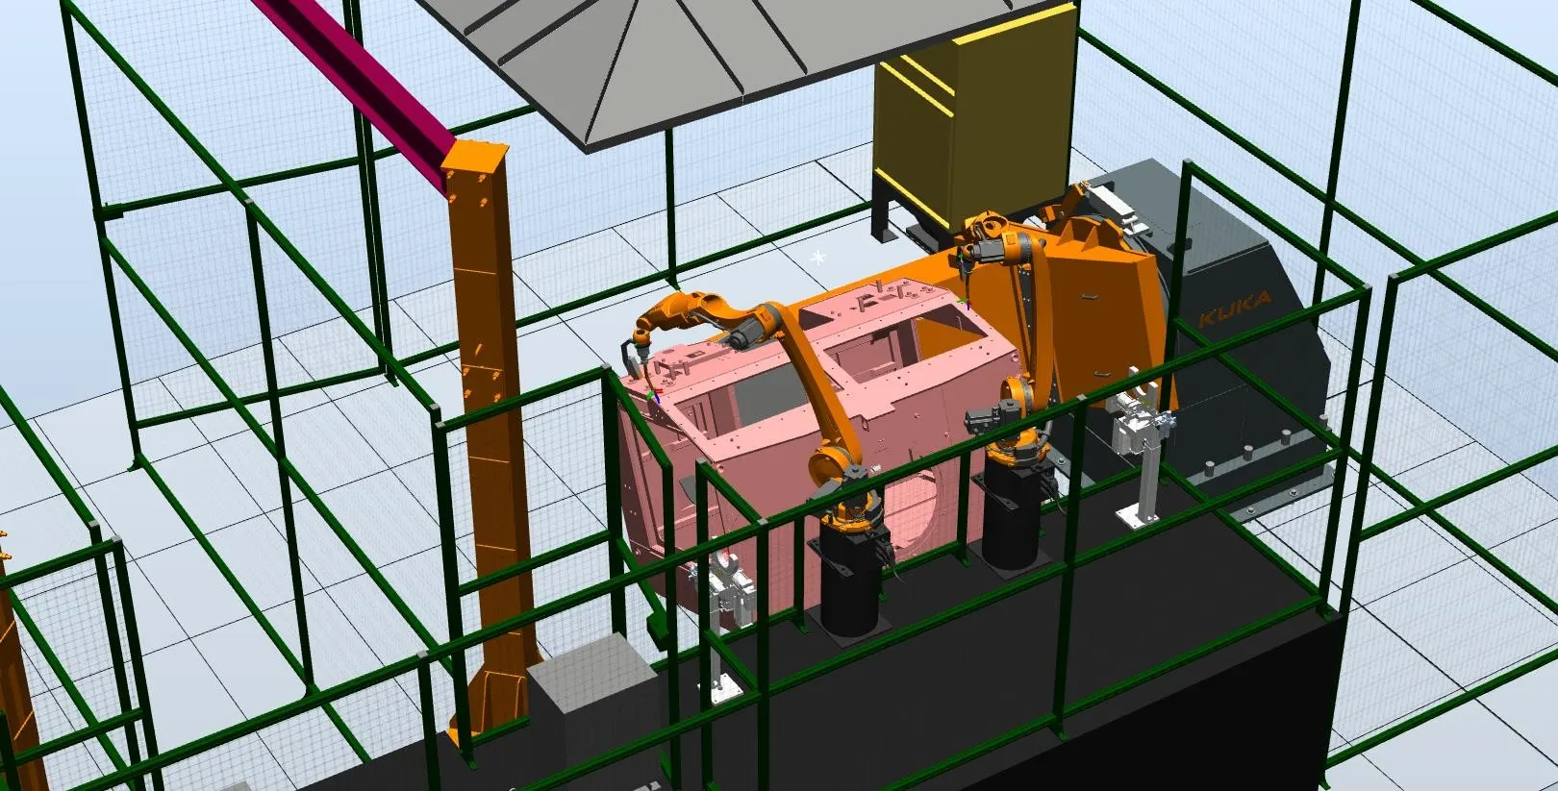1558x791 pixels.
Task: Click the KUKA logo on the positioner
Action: click(x=1235, y=309)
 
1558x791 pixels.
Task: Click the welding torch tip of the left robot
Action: click(x=651, y=395)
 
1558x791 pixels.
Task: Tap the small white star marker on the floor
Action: click(x=818, y=258)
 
